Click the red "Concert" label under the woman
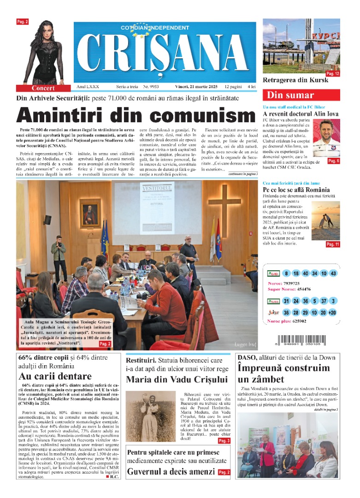pos(43,88)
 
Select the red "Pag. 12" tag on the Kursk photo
pos(332,74)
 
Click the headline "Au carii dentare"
pos(55,376)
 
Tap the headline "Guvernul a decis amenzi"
pos(171,471)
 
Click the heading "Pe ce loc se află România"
pos(296,190)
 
